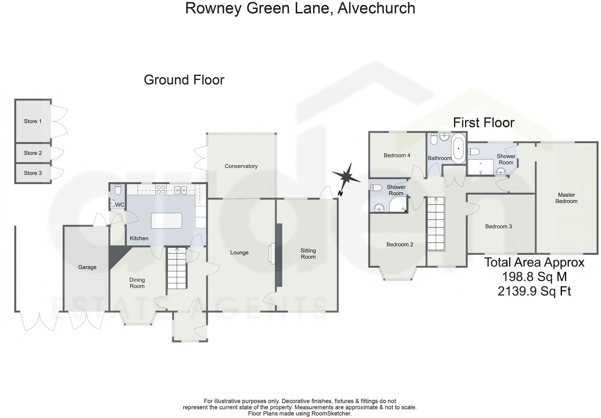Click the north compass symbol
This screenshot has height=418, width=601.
[x=347, y=177]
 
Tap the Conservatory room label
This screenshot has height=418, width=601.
[x=241, y=166]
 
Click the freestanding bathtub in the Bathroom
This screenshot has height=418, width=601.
[x=458, y=149]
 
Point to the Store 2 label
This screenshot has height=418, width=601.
[x=33, y=153]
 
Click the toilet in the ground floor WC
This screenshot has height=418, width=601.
[x=118, y=189]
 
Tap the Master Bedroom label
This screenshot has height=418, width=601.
[x=566, y=198]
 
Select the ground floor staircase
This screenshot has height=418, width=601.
[x=177, y=268]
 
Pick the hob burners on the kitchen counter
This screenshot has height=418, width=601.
[x=161, y=189]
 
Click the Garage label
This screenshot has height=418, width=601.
[x=87, y=267]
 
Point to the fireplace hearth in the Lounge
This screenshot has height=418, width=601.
[x=273, y=253]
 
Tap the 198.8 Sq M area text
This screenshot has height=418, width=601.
[x=534, y=276]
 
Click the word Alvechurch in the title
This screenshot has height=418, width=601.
[x=376, y=8]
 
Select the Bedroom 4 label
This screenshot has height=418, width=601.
[x=397, y=155]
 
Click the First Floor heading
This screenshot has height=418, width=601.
[x=484, y=123]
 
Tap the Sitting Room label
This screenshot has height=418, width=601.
[x=308, y=253]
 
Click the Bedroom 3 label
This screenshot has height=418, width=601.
[x=498, y=227]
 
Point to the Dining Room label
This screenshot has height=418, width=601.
[x=137, y=283]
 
